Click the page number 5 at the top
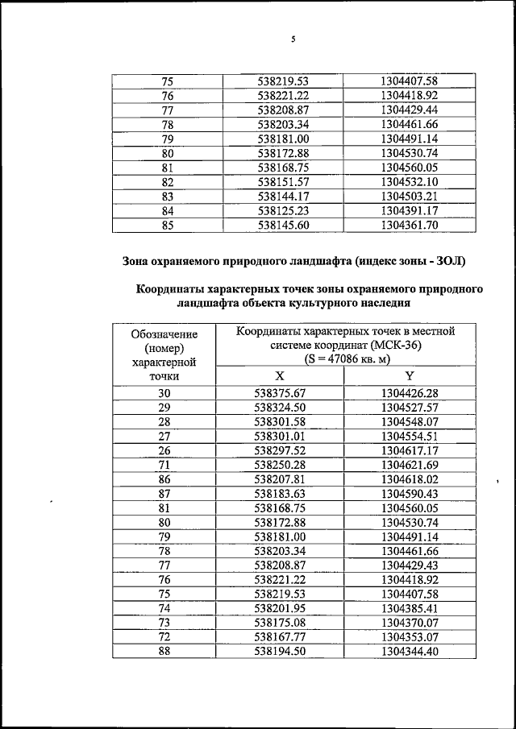293,39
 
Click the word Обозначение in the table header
164,333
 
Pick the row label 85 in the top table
168,226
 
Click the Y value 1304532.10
409,182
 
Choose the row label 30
164,393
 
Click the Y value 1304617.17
409,450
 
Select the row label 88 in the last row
164,652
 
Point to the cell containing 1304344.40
409,652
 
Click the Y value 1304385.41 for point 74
409,608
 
